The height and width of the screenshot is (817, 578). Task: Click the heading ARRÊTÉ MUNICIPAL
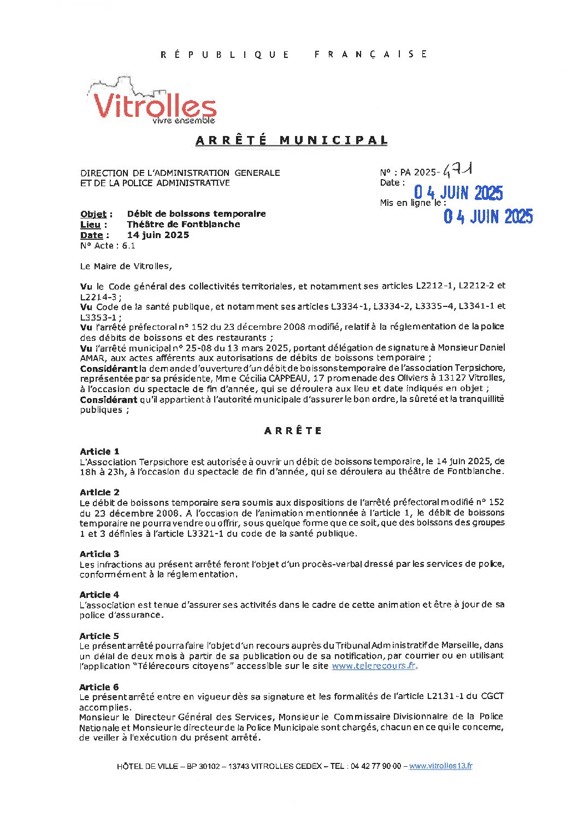click(292, 140)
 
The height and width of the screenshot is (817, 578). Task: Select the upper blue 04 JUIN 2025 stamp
click(458, 193)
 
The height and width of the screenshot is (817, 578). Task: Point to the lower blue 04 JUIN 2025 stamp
click(488, 217)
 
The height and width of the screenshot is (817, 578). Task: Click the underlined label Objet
click(93, 214)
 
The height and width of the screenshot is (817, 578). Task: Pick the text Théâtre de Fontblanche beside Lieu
click(184, 224)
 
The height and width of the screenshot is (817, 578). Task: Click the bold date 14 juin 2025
click(158, 235)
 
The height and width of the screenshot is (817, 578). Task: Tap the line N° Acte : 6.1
click(108, 246)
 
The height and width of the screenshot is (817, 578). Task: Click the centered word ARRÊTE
click(293, 431)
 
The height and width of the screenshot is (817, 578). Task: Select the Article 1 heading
click(99, 452)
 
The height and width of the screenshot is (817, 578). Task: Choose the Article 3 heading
click(99, 554)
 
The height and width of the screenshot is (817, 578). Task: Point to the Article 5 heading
click(99, 636)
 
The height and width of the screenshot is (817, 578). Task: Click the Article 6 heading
click(99, 687)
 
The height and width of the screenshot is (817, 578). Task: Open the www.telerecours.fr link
click(374, 666)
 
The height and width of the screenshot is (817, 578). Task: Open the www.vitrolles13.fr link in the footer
click(440, 766)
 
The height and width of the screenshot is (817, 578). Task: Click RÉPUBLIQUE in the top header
click(225, 55)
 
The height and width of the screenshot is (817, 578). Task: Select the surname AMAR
click(91, 358)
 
